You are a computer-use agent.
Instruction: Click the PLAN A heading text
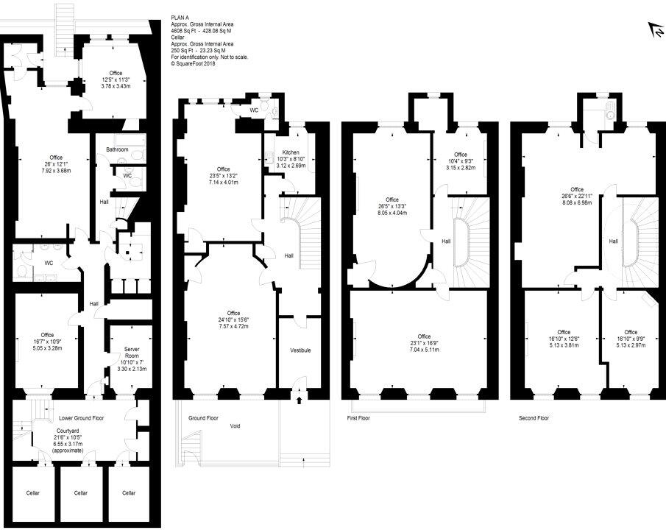pyautogui.click(x=181, y=18)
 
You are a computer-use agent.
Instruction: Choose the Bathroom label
pyautogui.click(x=117, y=149)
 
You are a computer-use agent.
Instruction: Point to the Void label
pyautogui.click(x=235, y=425)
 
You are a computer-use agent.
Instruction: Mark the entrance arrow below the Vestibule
pyautogui.click(x=299, y=401)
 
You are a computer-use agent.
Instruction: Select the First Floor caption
pyautogui.click(x=358, y=418)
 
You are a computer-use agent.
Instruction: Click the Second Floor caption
pyautogui.click(x=534, y=418)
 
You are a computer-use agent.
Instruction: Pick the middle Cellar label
pyautogui.click(x=81, y=493)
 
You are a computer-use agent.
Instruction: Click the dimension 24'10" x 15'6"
pyautogui.click(x=233, y=319)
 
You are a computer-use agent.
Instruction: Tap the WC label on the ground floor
pyautogui.click(x=254, y=110)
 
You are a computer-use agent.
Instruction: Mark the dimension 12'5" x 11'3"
pyautogui.click(x=116, y=79)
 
